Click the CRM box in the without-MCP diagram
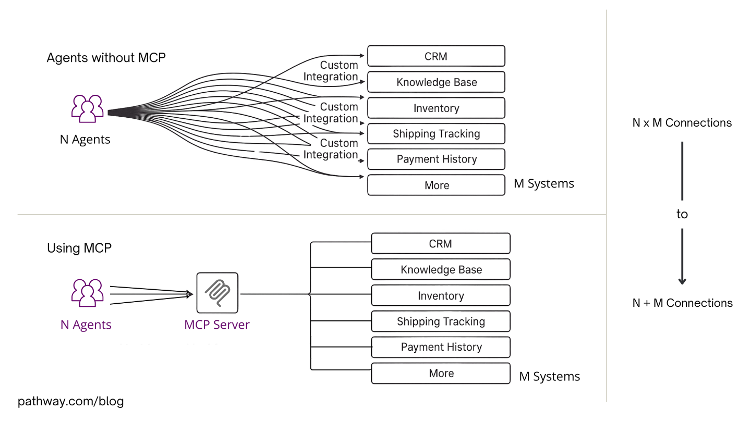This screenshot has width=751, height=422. (436, 56)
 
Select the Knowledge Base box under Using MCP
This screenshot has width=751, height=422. (441, 269)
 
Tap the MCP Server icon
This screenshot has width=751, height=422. (217, 293)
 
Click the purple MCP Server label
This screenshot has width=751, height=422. (217, 325)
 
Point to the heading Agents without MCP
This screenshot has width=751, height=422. (106, 57)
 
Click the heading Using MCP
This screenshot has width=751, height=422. (79, 248)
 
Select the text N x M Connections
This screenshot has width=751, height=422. (682, 123)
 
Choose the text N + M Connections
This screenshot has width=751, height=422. (682, 303)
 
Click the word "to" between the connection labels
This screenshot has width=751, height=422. (682, 214)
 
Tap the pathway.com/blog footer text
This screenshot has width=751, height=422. (71, 401)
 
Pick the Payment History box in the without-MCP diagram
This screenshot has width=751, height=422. (436, 159)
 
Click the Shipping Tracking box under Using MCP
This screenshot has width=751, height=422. (441, 321)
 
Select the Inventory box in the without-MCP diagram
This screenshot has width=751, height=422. (436, 108)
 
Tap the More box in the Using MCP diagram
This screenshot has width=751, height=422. (441, 373)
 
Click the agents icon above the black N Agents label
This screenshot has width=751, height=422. (87, 108)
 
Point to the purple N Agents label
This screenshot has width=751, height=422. (86, 325)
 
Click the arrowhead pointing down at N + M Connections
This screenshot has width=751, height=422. (682, 281)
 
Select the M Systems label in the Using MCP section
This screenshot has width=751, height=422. (549, 377)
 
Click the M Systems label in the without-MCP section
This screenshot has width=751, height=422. (543, 183)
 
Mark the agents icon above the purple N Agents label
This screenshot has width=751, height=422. (87, 293)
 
